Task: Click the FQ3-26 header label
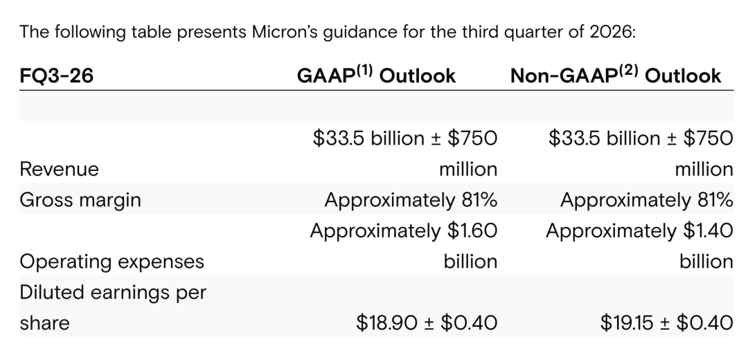56,76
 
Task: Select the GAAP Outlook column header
376,75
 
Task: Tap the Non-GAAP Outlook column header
616,75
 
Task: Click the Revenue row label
59,170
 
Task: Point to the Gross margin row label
80,200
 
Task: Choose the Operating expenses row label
112,262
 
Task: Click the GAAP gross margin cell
411,200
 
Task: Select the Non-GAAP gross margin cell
646,200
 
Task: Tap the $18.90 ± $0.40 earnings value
427,323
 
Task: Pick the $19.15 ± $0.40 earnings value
667,323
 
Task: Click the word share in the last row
44,323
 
